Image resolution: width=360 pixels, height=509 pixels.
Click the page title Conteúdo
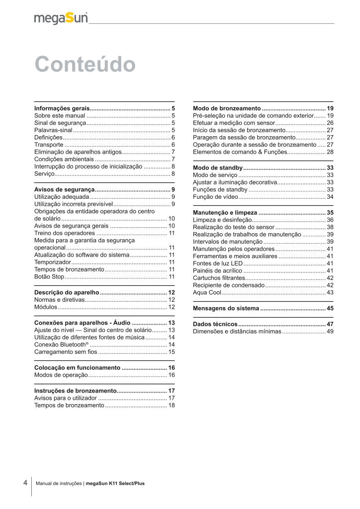(85, 65)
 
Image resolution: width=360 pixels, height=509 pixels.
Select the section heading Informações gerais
(62, 108)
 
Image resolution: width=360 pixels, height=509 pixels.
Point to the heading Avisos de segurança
(64, 190)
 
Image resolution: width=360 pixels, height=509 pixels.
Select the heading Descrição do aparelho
(67, 293)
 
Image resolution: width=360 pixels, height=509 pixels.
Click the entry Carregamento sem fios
(66, 352)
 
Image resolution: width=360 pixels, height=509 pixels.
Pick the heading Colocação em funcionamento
(77, 368)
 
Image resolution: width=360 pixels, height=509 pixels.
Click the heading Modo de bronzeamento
(227, 108)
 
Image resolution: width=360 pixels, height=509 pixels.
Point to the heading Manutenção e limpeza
(225, 213)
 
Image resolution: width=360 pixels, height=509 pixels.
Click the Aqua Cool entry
(207, 293)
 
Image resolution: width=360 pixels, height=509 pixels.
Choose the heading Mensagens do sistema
(226, 309)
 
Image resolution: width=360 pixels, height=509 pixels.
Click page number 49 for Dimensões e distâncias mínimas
(330, 332)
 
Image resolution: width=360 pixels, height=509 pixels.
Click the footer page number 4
(25, 483)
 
